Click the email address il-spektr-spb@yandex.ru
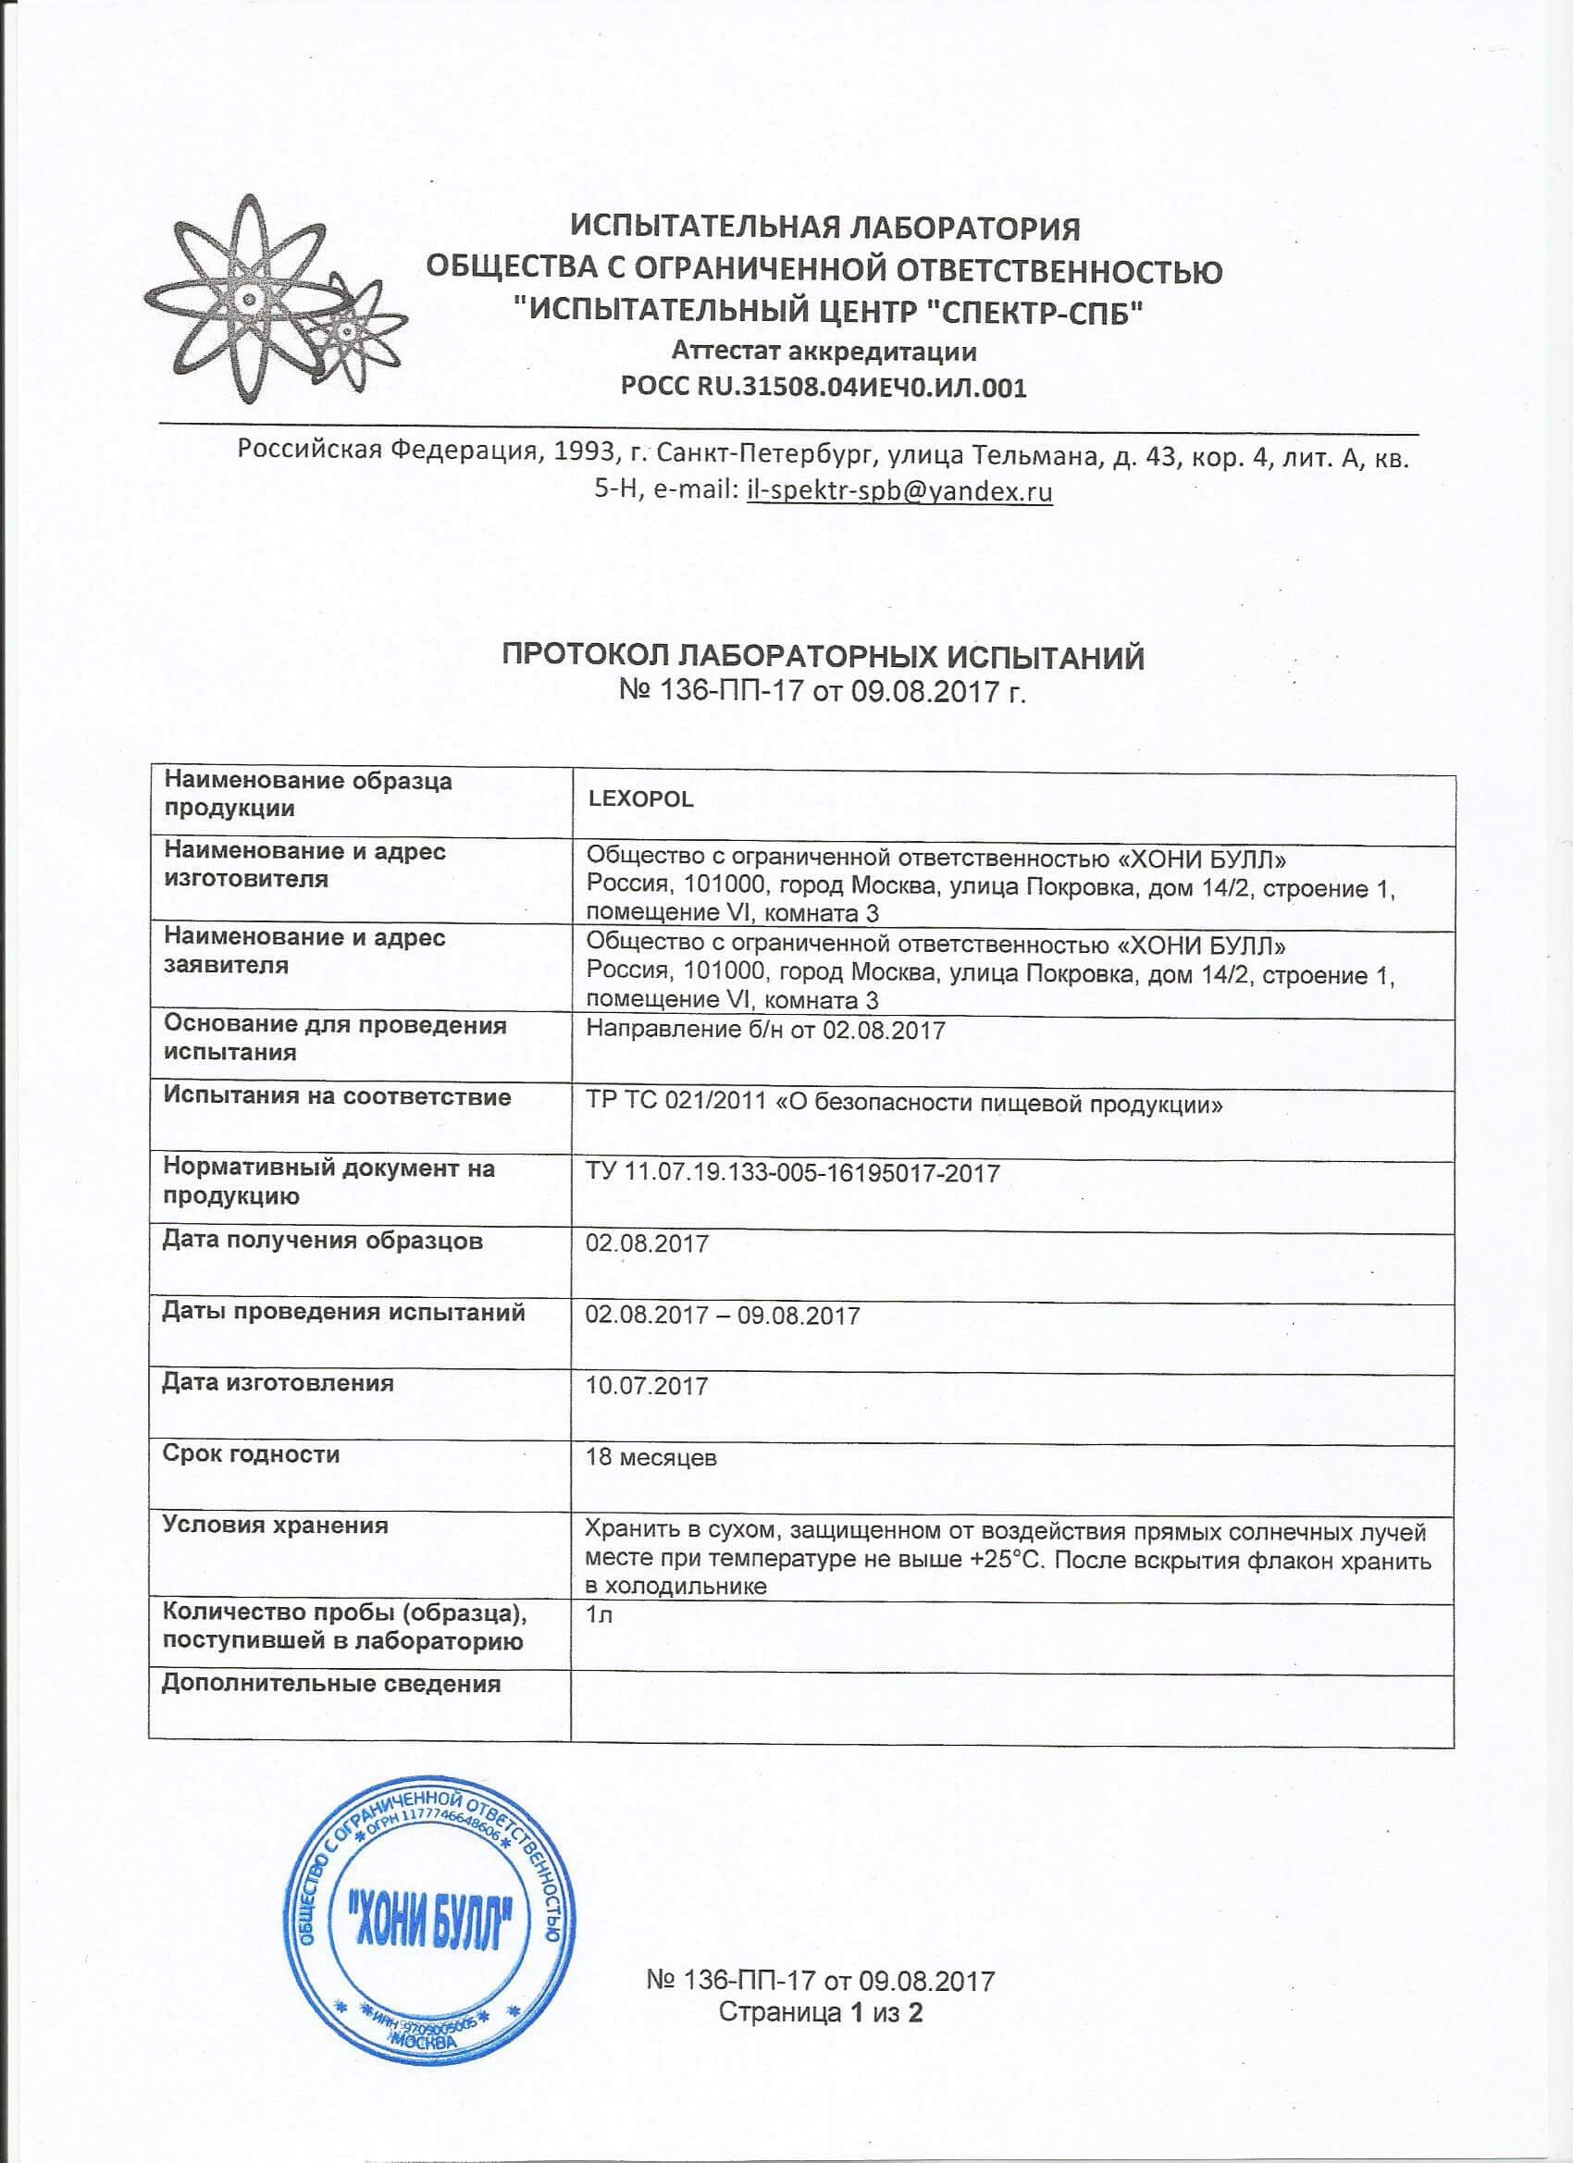pyautogui.click(x=899, y=491)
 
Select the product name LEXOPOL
pyautogui.click(x=640, y=799)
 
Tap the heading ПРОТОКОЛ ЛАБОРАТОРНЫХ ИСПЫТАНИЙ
pyautogui.click(x=823, y=658)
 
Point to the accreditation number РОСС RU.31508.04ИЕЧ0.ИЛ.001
pyautogui.click(x=824, y=388)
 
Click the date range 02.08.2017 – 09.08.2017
pyautogui.click(x=723, y=1316)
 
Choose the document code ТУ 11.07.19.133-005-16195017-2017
pyautogui.click(x=794, y=1172)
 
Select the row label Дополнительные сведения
pyautogui.click(x=331, y=1683)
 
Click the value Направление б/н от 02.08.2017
pyautogui.click(x=765, y=1030)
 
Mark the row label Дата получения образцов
pyautogui.click(x=322, y=1241)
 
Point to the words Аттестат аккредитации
pyautogui.click(x=824, y=351)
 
